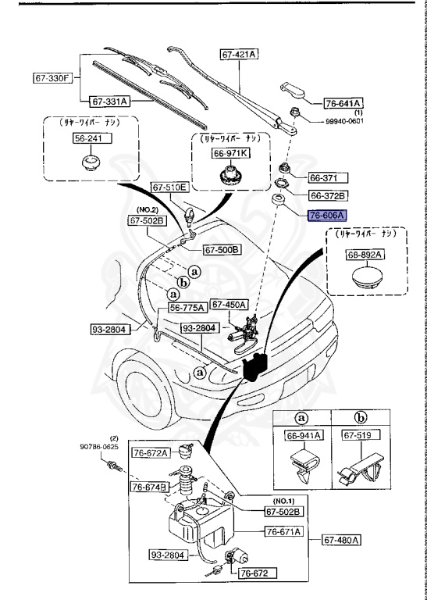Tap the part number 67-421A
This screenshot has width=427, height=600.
tap(240, 54)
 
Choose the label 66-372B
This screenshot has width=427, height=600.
tap(328, 195)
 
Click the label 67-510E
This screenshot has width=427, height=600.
tap(169, 187)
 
